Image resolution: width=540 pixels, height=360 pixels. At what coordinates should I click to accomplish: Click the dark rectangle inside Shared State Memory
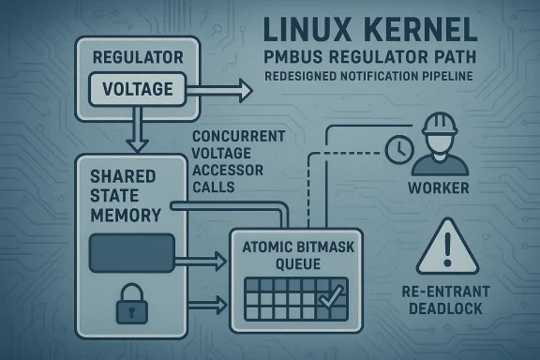click(130, 250)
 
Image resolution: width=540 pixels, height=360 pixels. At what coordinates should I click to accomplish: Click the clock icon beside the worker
click(398, 147)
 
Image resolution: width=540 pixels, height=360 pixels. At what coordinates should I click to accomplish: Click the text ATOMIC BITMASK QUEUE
click(295, 256)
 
